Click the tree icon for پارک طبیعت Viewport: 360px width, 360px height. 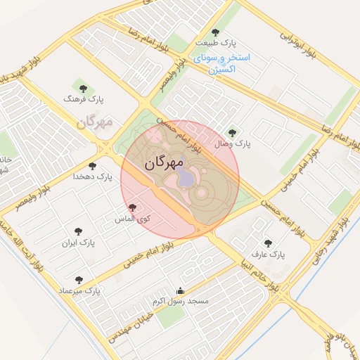pos(215,32)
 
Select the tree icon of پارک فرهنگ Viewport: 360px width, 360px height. pos(84,89)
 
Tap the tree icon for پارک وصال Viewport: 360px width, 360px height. pos(233,132)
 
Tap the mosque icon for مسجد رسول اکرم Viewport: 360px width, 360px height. pos(180,290)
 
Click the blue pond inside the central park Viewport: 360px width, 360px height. pos(185,177)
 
